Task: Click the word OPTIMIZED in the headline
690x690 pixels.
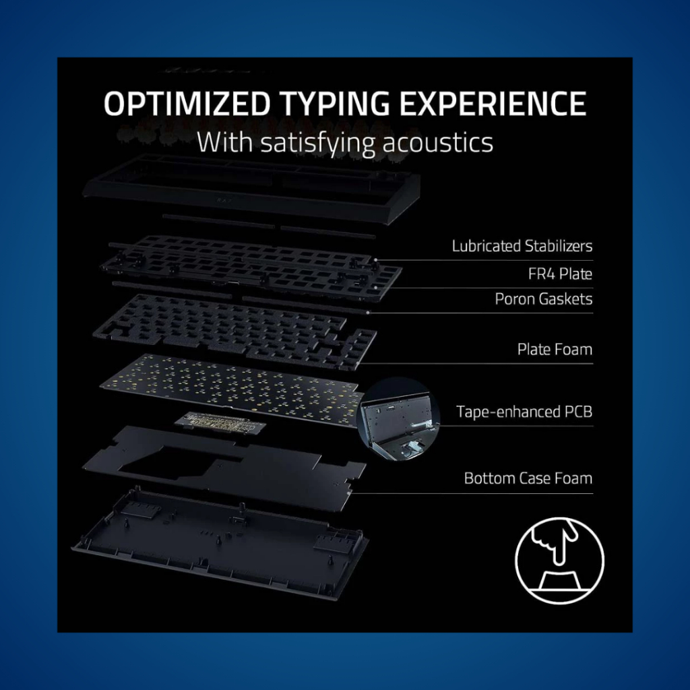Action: coord(187,103)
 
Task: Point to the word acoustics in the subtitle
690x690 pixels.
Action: coord(437,143)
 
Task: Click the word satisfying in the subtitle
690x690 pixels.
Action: coord(317,144)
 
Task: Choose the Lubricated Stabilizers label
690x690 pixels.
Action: coord(522,246)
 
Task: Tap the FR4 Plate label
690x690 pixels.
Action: coord(560,274)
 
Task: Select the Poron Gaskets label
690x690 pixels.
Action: coord(544,299)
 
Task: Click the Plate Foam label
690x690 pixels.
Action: coord(555,350)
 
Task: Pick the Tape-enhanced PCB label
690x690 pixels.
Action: coord(524,412)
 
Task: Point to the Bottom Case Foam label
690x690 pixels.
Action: coord(528,478)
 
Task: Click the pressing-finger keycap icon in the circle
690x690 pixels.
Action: coord(559,560)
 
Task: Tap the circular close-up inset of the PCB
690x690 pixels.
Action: coord(399,419)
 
